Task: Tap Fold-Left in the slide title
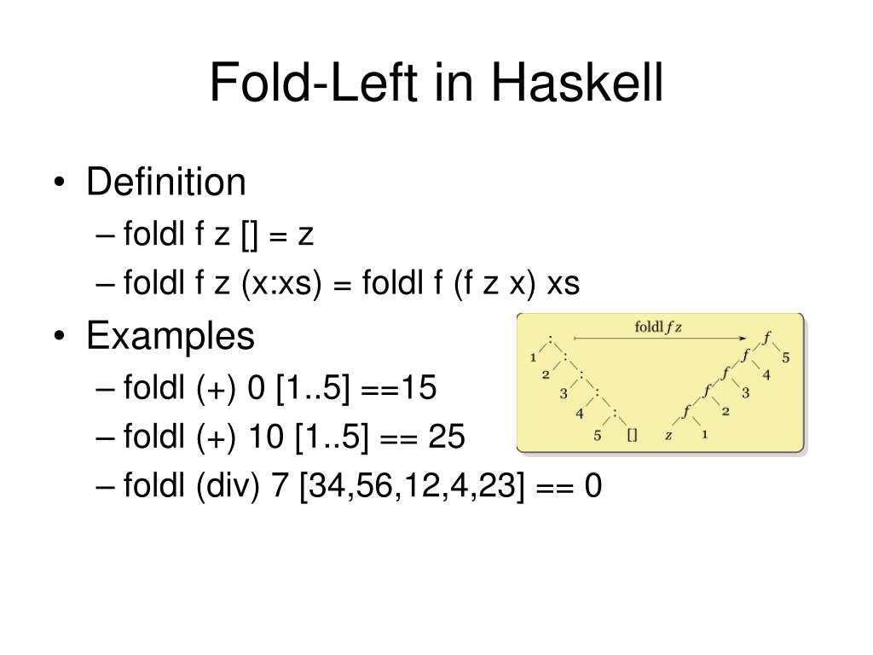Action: click(316, 85)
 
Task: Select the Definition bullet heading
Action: click(165, 182)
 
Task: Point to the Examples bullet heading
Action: click(170, 336)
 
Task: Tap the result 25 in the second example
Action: click(447, 438)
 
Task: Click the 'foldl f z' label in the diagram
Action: click(660, 327)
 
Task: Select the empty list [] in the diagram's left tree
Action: click(632, 435)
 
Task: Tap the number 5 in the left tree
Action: click(597, 435)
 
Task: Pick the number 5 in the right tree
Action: click(786, 356)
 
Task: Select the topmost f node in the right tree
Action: click(766, 338)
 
